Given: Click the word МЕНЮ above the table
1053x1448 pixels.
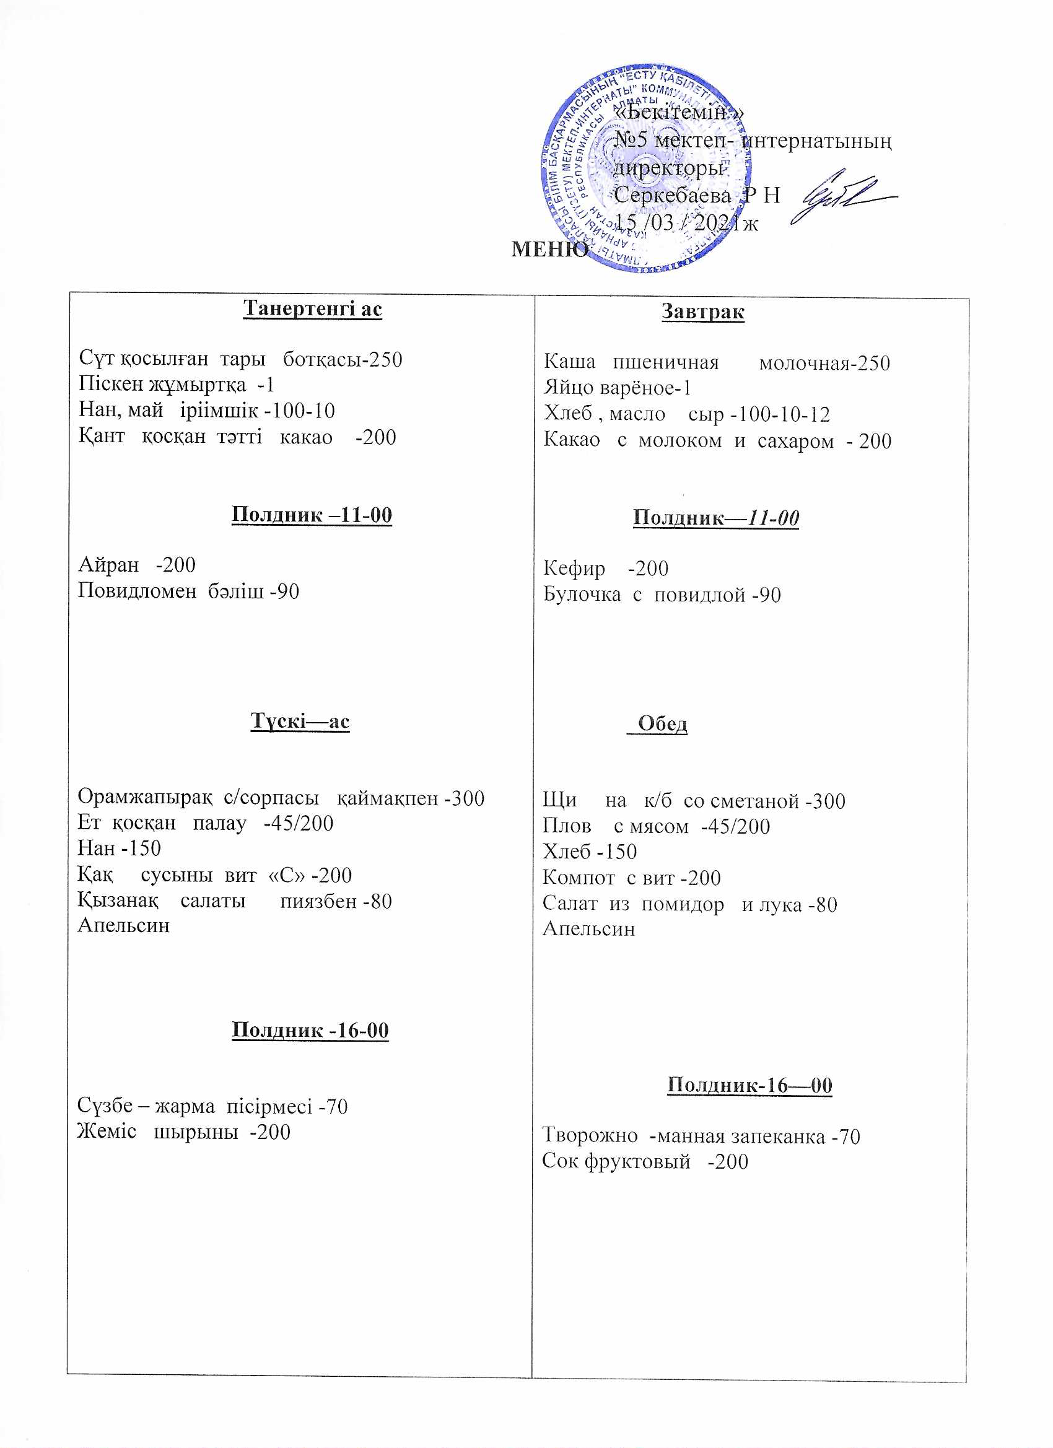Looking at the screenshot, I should (549, 248).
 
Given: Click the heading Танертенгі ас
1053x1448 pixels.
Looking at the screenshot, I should (312, 308).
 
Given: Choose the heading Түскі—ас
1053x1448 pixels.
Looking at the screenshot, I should (300, 721).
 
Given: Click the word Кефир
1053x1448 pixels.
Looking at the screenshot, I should (574, 568).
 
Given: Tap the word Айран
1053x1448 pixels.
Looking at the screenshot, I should (108, 564).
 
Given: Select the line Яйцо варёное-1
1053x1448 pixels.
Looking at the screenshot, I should (617, 388).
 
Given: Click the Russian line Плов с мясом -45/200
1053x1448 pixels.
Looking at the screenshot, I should (656, 826).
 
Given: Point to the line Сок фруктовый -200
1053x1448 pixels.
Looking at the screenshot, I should (645, 1161).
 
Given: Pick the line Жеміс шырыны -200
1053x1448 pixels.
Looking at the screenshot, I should (183, 1132).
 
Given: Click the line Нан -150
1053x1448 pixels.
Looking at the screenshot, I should (119, 848).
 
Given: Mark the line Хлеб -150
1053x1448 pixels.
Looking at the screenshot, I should (590, 852).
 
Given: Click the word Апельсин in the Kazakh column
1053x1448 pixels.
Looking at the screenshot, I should (123, 925).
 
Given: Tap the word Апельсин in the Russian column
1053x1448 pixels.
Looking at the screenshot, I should (589, 928).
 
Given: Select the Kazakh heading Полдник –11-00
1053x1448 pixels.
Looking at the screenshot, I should (312, 515).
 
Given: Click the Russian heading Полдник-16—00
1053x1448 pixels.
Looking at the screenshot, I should (749, 1084).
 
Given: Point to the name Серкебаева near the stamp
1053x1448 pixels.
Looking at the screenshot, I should (672, 195).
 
